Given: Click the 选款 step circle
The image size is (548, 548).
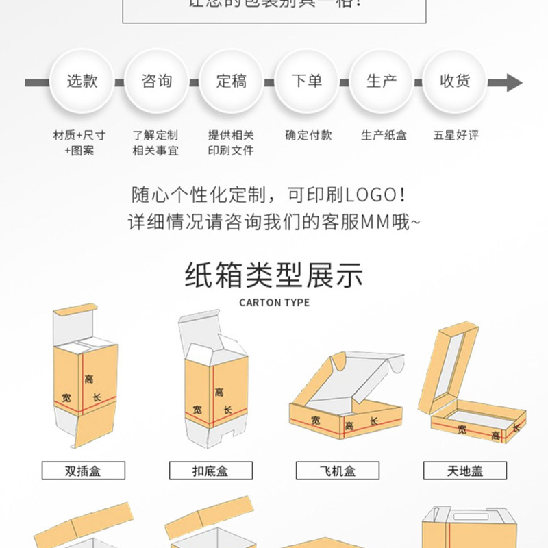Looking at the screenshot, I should point(82,82).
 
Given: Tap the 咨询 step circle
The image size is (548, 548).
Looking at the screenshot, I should point(157,82).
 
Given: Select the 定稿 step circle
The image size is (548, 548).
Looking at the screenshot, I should point(232,82).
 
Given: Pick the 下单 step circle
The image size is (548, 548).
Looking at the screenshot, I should point(306,82).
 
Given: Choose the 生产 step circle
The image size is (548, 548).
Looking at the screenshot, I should point(381,82).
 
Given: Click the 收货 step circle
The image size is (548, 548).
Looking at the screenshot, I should point(455,82).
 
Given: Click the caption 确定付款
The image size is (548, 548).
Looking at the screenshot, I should point(308,135).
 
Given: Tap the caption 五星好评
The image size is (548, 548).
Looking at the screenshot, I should point(456,135).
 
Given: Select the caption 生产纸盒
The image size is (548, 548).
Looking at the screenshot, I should point(384,135).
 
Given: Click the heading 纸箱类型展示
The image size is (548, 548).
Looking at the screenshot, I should point(274,275).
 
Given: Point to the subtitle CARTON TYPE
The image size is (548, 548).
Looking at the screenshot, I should point(274,302).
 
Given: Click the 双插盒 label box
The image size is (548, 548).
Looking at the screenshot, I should point(84,471).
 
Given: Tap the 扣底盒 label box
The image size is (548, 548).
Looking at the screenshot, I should point(210,471).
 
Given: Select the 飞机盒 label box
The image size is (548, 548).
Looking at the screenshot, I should point(338,471).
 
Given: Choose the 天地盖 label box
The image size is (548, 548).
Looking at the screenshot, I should point(465,471).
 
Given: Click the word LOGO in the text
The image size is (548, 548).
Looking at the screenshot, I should point(370,195).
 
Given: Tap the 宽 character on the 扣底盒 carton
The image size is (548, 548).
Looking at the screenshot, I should point(197,410).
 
